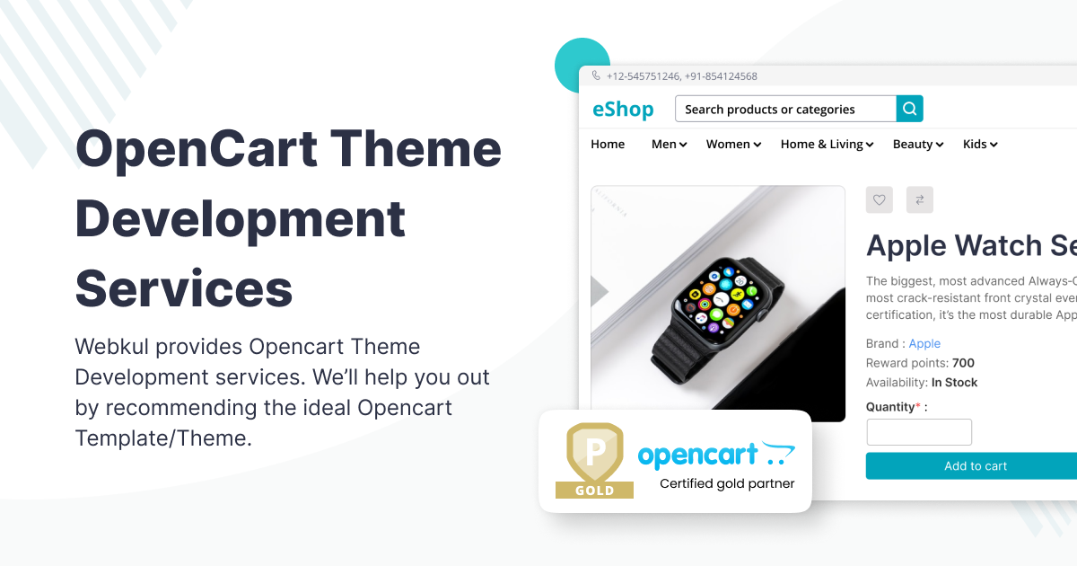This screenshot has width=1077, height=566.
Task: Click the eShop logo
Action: coord(623,110)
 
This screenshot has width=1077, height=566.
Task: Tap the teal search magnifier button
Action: coord(909,109)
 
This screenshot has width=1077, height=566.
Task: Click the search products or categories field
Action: coord(785,109)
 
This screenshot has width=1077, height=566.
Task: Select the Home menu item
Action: coord(608,144)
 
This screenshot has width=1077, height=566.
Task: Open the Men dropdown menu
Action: coord(669,144)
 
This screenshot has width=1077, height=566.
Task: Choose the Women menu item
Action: coord(733,144)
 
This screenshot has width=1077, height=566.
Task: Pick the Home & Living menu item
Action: coord(827,144)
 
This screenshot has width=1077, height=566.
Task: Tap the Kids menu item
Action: coord(980,144)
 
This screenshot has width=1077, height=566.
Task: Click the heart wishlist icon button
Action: coord(880,200)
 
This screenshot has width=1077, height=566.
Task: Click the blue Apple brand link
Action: coord(924,343)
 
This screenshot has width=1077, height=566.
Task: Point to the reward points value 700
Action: coord(963,363)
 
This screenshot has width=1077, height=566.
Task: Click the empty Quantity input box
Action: coord(918,432)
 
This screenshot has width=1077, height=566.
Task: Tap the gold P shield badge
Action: coord(594,455)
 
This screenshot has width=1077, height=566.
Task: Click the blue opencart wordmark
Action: coord(698,455)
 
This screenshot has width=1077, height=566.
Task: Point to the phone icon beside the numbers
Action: coord(596,76)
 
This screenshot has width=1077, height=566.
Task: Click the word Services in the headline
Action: coord(184,288)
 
